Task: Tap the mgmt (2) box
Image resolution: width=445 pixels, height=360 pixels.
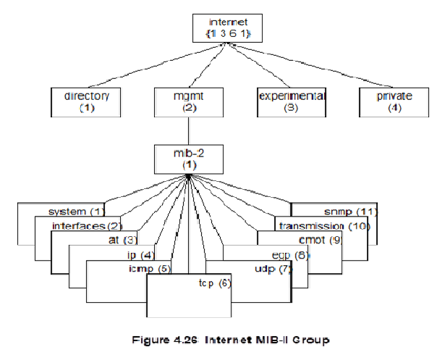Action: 187,102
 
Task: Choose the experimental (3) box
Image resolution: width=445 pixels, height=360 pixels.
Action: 291,102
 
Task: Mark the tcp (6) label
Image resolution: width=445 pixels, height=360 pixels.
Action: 214,282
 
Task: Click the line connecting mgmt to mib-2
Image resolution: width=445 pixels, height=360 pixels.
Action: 187,131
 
